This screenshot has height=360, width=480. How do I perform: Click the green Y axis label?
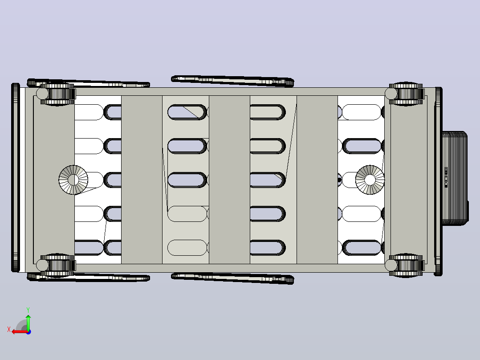pyautogui.click(x=28, y=310)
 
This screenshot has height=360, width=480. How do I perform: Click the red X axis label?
pyautogui.click(x=9, y=329)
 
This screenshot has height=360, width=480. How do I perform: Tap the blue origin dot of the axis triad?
pyautogui.click(x=28, y=332)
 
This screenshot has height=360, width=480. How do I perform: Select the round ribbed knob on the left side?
pyautogui.click(x=73, y=180)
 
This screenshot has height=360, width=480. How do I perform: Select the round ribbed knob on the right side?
pyautogui.click(x=370, y=180)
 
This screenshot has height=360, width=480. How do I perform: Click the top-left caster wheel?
pyautogui.click(x=57, y=94)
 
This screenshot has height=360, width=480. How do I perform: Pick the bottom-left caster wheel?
pyautogui.click(x=57, y=266)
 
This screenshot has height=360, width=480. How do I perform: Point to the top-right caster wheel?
pyautogui.click(x=406, y=94)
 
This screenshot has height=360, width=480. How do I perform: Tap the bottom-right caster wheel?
pyautogui.click(x=406, y=266)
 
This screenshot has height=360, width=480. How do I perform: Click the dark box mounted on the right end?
pyautogui.click(x=455, y=179)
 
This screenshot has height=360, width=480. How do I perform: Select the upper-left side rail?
pyautogui.click(x=89, y=83)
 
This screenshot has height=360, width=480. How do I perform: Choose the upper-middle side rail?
pyautogui.click(x=232, y=81)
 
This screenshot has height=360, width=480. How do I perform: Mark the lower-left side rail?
pyautogui.click(x=89, y=277)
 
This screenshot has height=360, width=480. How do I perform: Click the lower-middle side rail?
pyautogui.click(x=232, y=278)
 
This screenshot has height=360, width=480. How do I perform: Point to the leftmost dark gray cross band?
pyautogui.click(x=142, y=180)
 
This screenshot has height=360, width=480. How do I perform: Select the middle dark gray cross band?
pyautogui.click(x=229, y=180)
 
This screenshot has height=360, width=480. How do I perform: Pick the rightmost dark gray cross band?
pyautogui.click(x=317, y=180)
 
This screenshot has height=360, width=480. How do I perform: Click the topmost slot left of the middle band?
pyautogui.click(x=187, y=112)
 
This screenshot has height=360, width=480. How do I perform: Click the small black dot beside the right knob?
pyautogui.click(x=339, y=180)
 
